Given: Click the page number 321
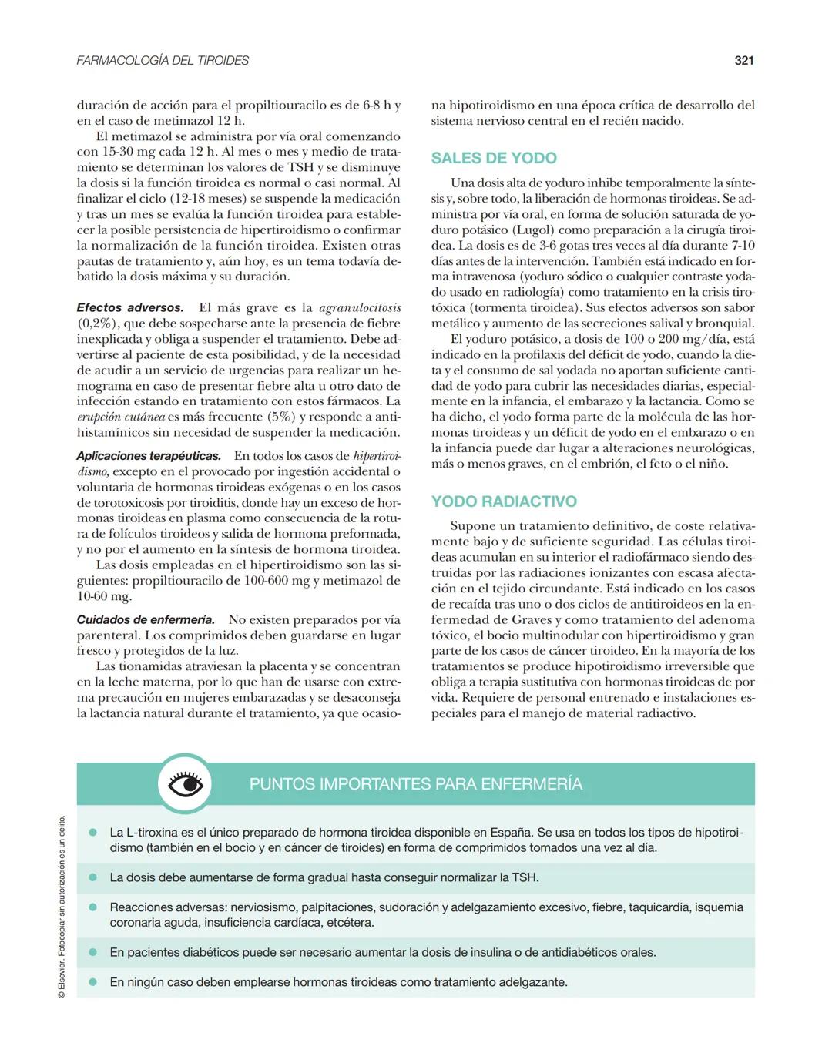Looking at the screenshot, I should (743, 60).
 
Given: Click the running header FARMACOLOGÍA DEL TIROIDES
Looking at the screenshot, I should (163, 60).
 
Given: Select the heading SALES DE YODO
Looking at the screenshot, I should (494, 158).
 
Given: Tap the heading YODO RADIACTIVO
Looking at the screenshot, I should (504, 501).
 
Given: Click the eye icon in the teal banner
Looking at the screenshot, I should (185, 784).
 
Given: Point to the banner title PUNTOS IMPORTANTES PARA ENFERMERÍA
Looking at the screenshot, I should (416, 784).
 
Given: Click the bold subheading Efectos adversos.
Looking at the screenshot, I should (130, 307).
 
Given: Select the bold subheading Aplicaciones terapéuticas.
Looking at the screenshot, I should (149, 456).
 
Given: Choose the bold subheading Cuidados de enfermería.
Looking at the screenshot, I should (146, 619).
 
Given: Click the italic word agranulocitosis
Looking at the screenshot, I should (360, 307).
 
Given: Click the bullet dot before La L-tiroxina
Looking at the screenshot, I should (93, 833).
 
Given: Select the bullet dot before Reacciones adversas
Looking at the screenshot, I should (93, 907).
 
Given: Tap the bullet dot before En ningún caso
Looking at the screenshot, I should (93, 982).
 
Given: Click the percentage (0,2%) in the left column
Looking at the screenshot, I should (96, 324).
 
